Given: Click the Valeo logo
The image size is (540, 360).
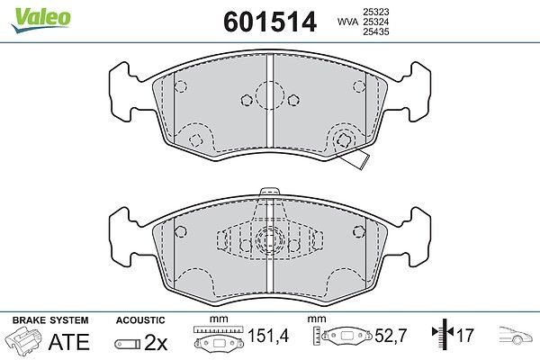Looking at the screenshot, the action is click(41, 20).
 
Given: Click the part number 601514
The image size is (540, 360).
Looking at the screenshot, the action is click(270, 22).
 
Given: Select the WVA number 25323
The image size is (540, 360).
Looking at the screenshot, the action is click(375, 12).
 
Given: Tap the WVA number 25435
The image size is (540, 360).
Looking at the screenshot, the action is click(375, 31).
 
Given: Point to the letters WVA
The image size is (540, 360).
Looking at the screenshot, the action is click(347, 22).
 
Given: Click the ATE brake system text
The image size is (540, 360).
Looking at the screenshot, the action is click(69, 342).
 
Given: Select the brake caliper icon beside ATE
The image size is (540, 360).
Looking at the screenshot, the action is click(23, 340).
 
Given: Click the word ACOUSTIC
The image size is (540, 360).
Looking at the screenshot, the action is click(140, 320).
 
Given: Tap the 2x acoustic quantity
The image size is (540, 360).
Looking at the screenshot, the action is click(156, 342).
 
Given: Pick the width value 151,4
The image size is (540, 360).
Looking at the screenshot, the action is click(268, 336).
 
